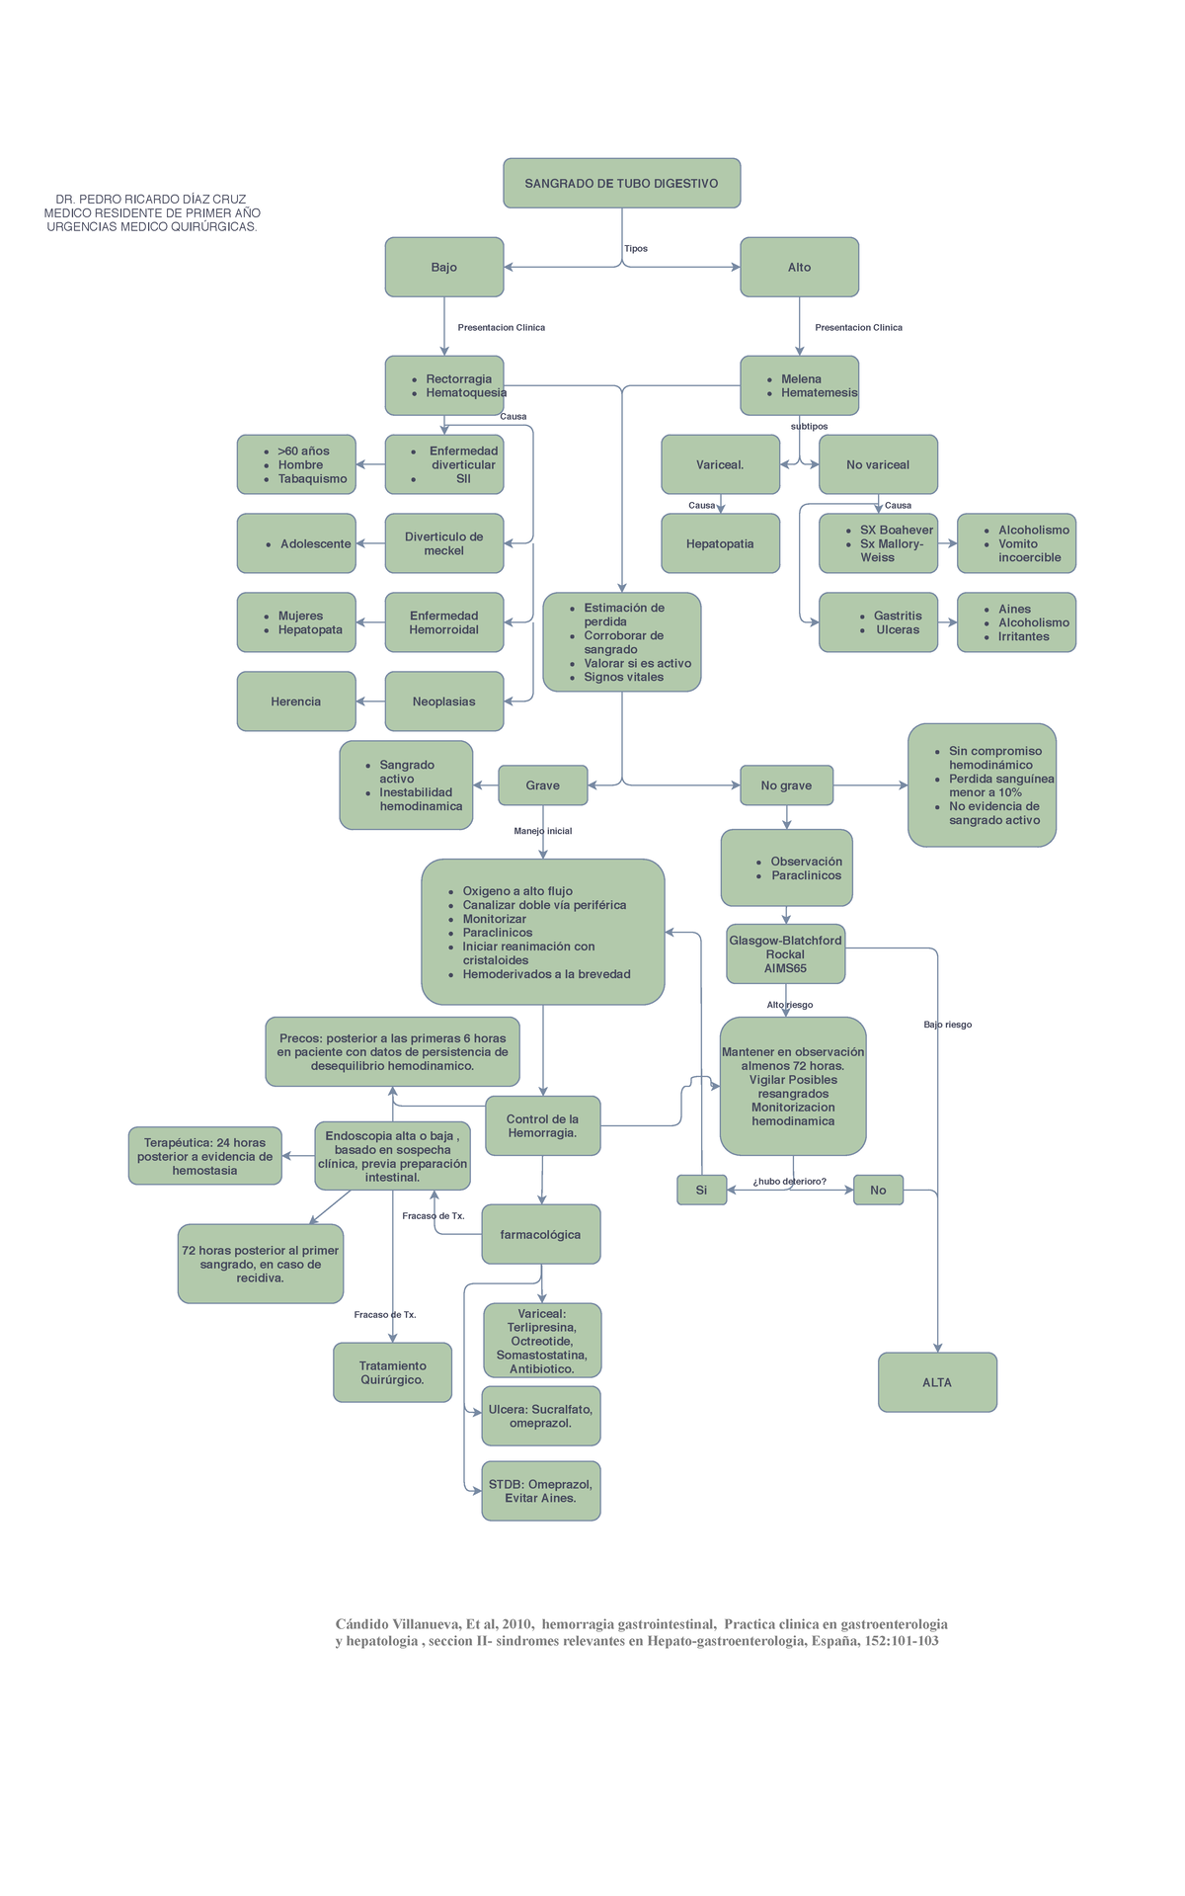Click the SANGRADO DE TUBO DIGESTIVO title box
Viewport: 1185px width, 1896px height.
pyautogui.click(x=621, y=183)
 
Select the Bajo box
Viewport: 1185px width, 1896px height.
pyautogui.click(x=444, y=267)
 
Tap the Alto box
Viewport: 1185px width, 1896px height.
pyautogui.click(x=799, y=267)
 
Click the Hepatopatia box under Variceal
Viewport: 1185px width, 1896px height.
pyautogui.click(x=720, y=543)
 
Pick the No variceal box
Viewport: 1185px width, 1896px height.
pyautogui.click(x=878, y=464)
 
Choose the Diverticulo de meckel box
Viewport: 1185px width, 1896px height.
pyautogui.click(x=444, y=543)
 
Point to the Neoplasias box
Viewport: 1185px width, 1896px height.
pyautogui.click(x=444, y=701)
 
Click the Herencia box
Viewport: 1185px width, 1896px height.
pyautogui.click(x=296, y=701)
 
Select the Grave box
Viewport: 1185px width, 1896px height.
pyautogui.click(x=542, y=785)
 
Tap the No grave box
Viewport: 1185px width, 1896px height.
pyautogui.click(x=786, y=785)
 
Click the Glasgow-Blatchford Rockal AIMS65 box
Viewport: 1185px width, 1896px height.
pyautogui.click(x=785, y=954)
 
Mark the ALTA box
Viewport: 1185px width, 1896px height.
pyautogui.click(x=937, y=1382)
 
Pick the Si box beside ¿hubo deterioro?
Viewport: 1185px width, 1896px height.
pyautogui.click(x=701, y=1190)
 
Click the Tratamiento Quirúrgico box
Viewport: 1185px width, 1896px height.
pyautogui.click(x=392, y=1372)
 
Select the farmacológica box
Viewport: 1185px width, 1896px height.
pyautogui.click(x=540, y=1234)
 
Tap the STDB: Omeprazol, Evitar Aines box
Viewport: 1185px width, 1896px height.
pyautogui.click(x=540, y=1491)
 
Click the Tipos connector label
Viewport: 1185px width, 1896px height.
pyautogui.click(x=636, y=249)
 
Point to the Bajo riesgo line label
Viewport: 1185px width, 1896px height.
pyautogui.click(x=948, y=1025)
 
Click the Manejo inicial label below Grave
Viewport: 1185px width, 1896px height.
pyautogui.click(x=543, y=831)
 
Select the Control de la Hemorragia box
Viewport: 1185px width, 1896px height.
pyautogui.click(x=542, y=1125)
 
